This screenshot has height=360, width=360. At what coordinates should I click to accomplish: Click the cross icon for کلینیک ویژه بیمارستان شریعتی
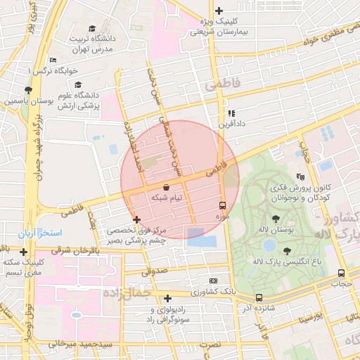click(219, 11)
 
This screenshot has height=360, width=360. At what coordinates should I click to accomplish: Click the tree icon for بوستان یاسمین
click(27, 90)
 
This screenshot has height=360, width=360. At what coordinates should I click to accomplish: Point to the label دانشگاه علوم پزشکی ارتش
click(79, 100)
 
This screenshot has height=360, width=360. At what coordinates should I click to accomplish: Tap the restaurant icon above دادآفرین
click(231, 112)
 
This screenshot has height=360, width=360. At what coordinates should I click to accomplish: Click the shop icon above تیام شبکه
click(166, 188)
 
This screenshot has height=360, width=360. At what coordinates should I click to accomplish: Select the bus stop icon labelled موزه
click(223, 206)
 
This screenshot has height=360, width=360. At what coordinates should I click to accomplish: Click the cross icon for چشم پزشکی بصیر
click(136, 220)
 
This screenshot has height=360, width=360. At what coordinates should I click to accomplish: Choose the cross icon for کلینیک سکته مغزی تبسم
click(24, 252)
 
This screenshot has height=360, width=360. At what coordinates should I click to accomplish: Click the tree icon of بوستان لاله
click(285, 219)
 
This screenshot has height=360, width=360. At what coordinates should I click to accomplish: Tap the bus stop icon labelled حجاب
click(341, 274)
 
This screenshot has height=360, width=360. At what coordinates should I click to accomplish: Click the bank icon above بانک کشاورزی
click(214, 281)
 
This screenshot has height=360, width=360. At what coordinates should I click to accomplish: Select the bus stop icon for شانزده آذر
click(259, 298)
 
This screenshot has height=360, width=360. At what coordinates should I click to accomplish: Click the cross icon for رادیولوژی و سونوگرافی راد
click(167, 298)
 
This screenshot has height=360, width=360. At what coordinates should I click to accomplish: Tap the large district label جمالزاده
click(127, 292)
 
